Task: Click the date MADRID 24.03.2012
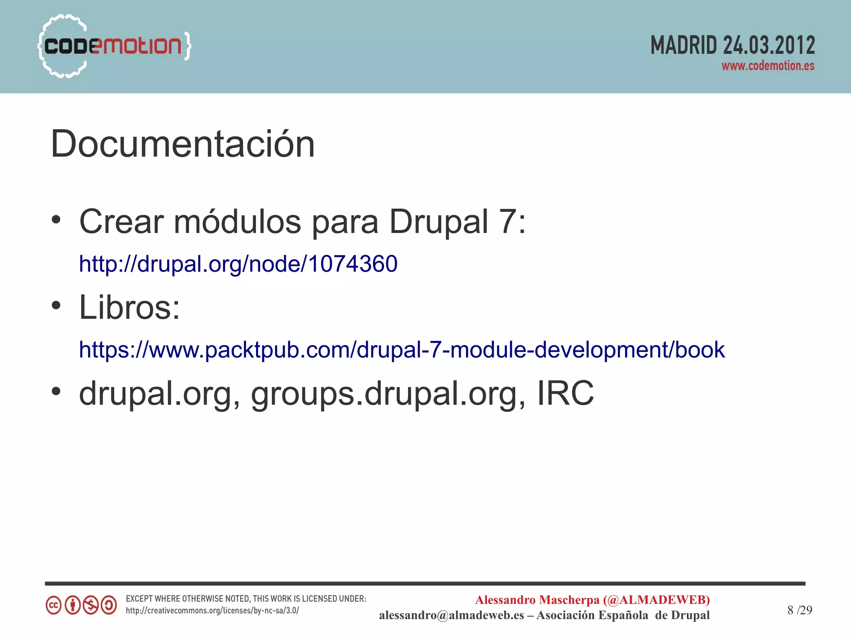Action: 732,45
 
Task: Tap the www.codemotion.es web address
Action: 767,66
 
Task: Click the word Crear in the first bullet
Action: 121,221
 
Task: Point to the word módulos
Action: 237,221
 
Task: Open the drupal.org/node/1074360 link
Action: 238,264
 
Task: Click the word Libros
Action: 129,307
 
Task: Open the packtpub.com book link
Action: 401,350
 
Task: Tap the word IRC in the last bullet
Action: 565,393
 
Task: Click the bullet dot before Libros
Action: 56,306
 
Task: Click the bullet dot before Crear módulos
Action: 56,220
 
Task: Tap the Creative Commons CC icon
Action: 54,605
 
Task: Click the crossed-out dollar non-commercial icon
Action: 91,605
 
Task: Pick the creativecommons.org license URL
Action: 212,611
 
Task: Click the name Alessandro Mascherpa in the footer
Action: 537,600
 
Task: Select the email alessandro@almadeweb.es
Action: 451,615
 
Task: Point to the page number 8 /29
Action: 799,610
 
